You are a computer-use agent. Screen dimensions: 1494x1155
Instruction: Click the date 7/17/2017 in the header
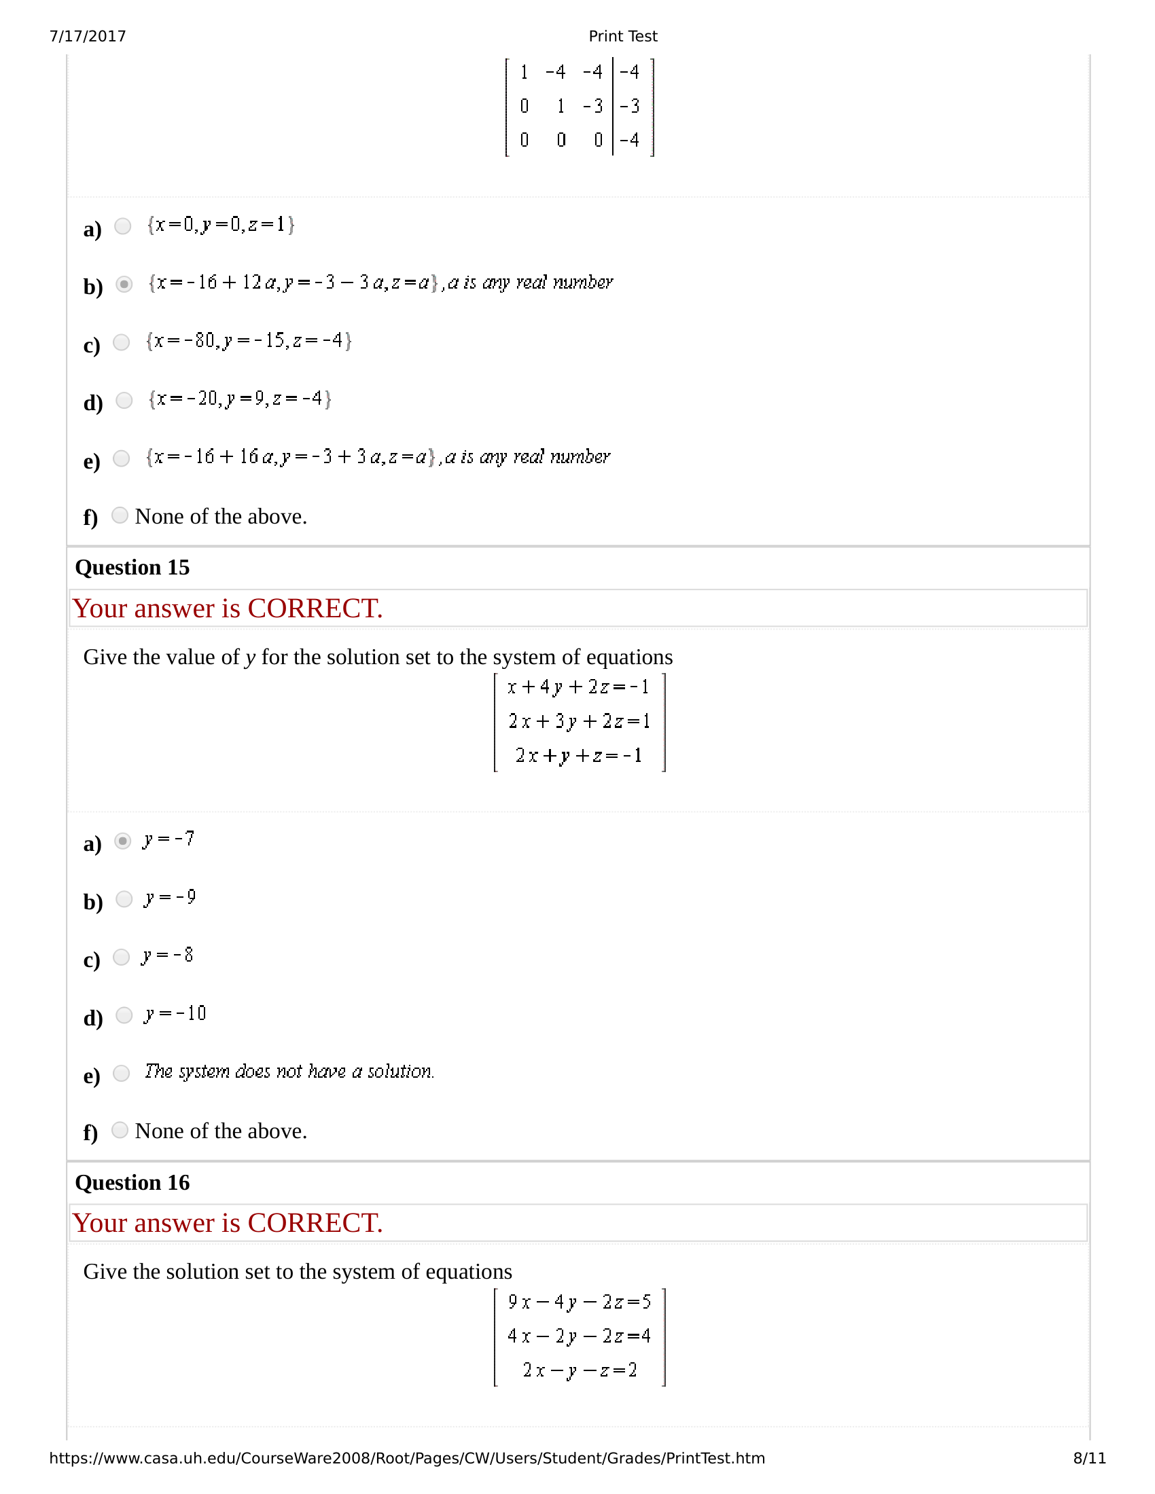click(x=88, y=36)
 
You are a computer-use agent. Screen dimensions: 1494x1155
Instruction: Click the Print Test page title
click(x=622, y=36)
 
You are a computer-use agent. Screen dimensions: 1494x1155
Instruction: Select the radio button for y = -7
click(x=123, y=841)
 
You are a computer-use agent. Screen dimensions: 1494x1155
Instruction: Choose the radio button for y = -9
click(x=124, y=899)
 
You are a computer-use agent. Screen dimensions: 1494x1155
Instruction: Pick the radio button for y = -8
click(x=122, y=957)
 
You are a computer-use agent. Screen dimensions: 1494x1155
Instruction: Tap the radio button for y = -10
click(x=124, y=1015)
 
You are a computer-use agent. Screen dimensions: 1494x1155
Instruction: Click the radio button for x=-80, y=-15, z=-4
click(x=122, y=342)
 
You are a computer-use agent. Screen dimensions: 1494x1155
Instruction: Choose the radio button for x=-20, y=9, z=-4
click(x=124, y=400)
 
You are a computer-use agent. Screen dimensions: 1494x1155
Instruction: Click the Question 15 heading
click(x=132, y=568)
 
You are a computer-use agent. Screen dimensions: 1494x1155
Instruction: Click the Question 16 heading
click(x=132, y=1183)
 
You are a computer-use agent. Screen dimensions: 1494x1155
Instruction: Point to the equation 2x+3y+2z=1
click(x=579, y=721)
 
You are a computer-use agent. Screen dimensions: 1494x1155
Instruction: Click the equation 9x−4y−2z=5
click(x=579, y=1302)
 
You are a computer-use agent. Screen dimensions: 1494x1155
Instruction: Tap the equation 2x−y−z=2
click(x=580, y=1370)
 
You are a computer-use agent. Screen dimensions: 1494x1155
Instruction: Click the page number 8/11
click(x=1089, y=1459)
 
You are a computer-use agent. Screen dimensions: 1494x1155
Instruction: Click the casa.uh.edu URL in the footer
click(x=406, y=1459)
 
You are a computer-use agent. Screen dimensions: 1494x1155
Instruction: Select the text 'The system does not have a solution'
click(x=289, y=1071)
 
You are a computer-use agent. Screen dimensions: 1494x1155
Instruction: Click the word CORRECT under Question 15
click(x=315, y=609)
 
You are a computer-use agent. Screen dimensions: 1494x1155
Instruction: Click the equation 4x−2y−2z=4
click(x=579, y=1336)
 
